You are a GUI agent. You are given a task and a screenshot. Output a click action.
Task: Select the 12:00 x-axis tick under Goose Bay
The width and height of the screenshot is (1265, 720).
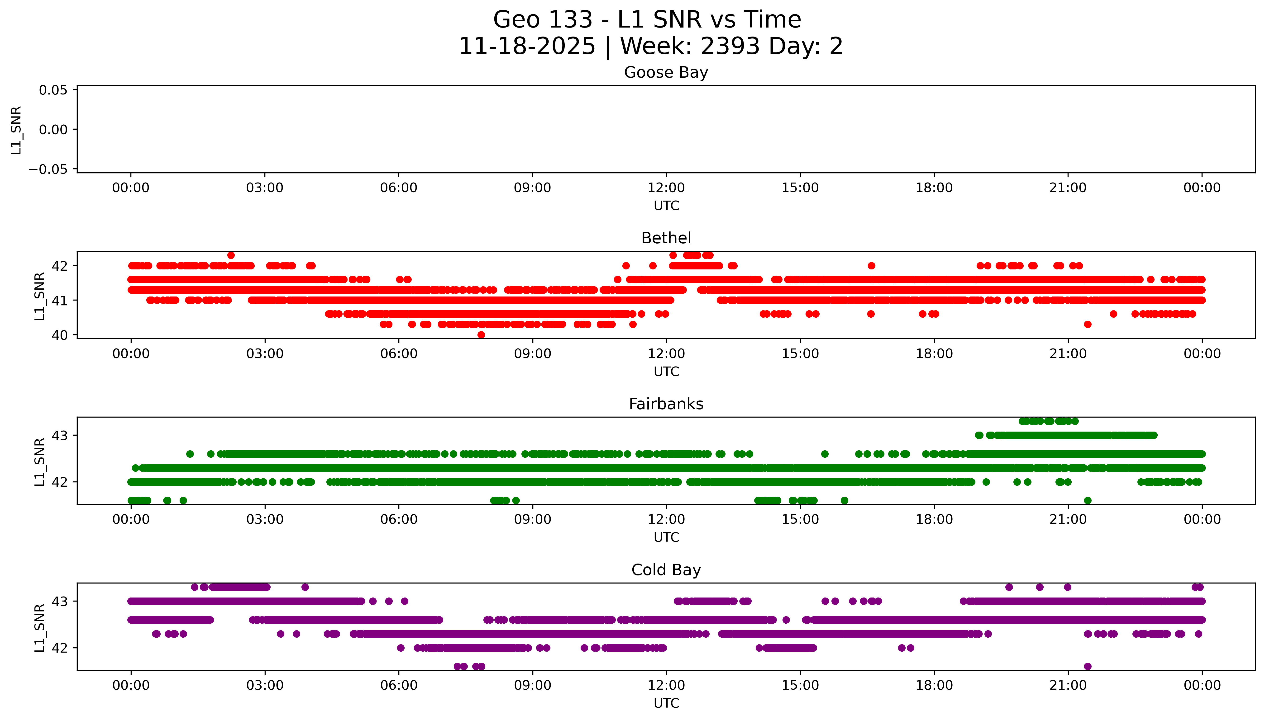click(x=666, y=188)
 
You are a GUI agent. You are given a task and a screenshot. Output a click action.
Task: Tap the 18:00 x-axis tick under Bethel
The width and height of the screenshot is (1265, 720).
click(x=934, y=353)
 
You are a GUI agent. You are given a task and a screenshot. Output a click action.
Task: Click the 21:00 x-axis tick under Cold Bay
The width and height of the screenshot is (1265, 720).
click(x=1068, y=685)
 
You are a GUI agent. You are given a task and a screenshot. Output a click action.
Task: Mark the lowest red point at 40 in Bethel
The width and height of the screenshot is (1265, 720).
click(x=481, y=335)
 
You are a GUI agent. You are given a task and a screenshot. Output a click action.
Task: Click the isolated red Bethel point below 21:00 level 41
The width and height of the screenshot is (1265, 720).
click(x=1087, y=325)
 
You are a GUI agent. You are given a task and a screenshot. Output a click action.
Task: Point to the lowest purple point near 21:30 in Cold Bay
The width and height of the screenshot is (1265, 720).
click(x=1087, y=666)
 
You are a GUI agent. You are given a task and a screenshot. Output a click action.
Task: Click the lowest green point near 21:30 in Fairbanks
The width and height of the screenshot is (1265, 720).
click(x=1087, y=500)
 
